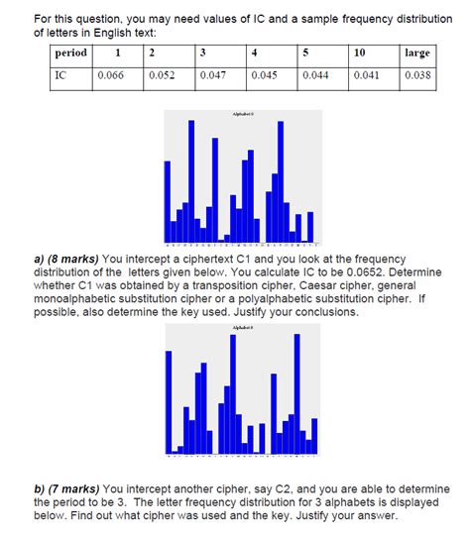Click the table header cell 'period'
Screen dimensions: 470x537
pos(72,53)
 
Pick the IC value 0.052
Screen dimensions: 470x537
pos(163,75)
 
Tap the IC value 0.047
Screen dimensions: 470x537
pos(213,75)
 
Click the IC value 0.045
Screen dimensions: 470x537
pos(266,75)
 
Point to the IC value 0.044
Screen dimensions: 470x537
pos(318,75)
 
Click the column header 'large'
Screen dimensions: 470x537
pos(417,53)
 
